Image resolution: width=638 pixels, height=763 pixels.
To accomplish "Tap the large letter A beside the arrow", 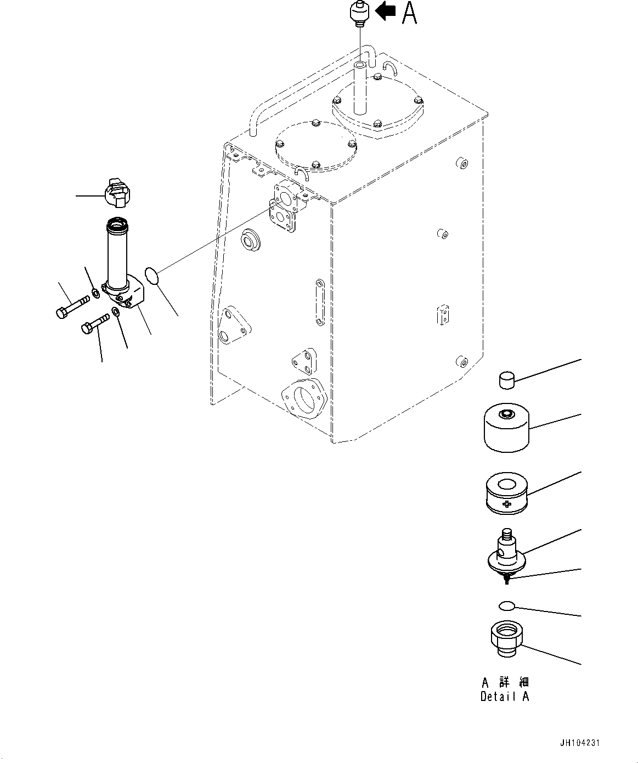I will click(409, 13).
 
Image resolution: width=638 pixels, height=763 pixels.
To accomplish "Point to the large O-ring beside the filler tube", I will click(153, 276).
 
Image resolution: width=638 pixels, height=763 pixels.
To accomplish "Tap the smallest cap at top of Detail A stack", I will click(507, 379).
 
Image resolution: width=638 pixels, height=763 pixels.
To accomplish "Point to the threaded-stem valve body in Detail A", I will click(506, 556).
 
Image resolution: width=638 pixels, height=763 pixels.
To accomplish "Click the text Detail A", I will click(505, 697).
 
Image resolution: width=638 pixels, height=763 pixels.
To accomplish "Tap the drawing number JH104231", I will click(580, 743).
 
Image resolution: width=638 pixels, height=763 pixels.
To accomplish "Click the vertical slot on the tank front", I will click(320, 304).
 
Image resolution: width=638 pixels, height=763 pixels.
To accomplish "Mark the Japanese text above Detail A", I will click(505, 682).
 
